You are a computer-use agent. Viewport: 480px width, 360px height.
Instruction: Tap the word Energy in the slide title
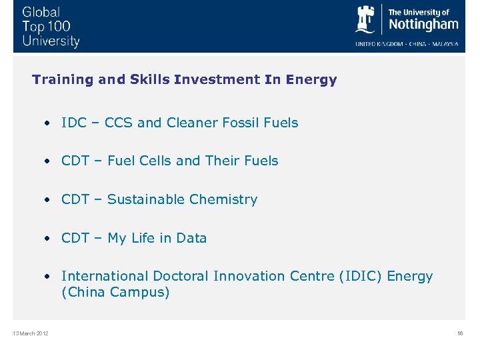pos(311,80)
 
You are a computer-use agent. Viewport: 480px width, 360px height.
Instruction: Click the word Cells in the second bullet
pos(154,161)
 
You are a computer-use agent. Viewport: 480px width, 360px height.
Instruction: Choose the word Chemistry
pos(223,199)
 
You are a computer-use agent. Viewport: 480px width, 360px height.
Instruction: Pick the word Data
pos(191,238)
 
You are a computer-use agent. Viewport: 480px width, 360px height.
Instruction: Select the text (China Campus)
pos(115,293)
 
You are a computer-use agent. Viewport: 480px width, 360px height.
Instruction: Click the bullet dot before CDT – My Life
pos(48,238)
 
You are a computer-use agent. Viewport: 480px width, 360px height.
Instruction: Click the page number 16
pos(459,333)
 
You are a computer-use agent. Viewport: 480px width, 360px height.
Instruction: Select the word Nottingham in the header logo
pos(423,25)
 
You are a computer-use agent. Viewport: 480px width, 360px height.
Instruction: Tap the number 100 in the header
pos(58,27)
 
